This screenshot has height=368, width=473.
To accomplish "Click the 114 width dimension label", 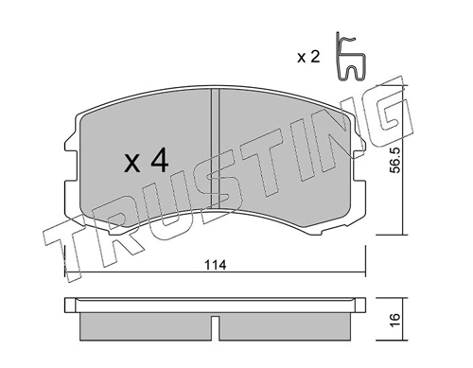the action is (216, 265).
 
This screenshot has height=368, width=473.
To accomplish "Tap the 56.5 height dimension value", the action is (394, 160).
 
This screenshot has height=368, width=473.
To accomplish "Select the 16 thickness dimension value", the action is (394, 320).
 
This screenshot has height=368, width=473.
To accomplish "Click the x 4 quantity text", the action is (147, 161).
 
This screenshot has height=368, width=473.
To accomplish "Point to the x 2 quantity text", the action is (308, 57).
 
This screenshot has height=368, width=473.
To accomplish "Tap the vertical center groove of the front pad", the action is (215, 149).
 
